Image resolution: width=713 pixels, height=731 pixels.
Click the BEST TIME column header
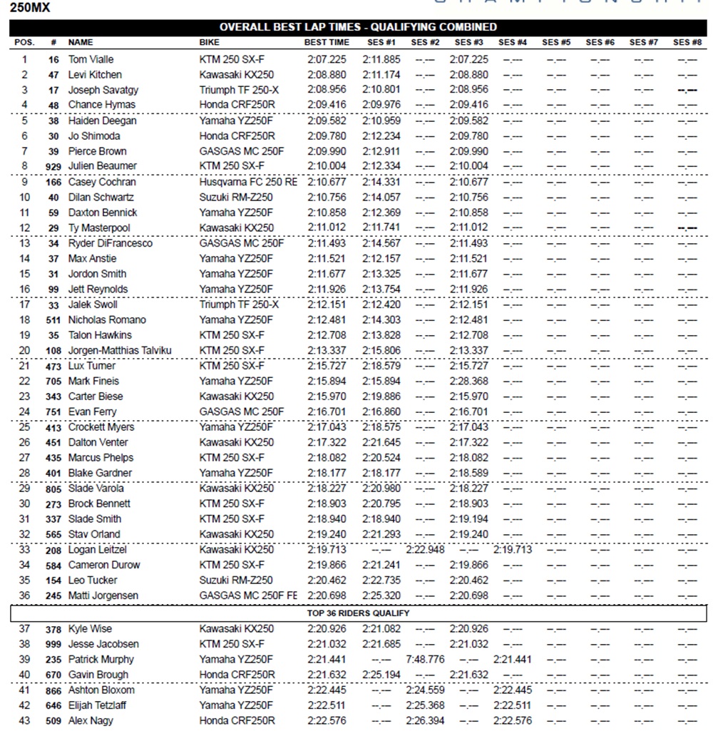[327, 42]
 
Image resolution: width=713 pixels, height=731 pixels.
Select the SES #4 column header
[512, 42]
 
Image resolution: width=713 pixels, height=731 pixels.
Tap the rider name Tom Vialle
[91, 59]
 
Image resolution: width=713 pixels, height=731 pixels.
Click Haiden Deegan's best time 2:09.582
[327, 121]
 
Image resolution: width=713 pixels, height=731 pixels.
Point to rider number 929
[51, 166]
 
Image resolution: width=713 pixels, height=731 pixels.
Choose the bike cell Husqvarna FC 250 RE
[248, 182]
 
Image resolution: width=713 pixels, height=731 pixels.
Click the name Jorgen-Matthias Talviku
[120, 350]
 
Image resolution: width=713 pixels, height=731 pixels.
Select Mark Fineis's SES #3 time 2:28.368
[468, 381]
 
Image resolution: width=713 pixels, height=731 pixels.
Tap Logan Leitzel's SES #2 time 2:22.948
[426, 550]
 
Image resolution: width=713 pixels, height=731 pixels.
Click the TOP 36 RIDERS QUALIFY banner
[359, 613]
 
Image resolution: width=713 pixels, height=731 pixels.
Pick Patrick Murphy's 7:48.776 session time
[426, 660]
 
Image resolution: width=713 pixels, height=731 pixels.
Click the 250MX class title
[29, 9]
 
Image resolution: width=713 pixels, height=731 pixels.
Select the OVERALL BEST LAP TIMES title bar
[358, 27]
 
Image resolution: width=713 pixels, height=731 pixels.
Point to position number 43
[25, 721]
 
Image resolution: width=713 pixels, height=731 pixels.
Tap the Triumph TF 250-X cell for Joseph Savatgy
[239, 90]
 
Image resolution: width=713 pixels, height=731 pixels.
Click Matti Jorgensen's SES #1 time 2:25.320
[381, 595]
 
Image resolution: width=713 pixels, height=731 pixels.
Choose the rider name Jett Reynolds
[98, 289]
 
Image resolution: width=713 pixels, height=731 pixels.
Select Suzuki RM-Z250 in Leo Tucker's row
[236, 580]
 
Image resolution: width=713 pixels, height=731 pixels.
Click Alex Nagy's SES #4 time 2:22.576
[512, 721]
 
